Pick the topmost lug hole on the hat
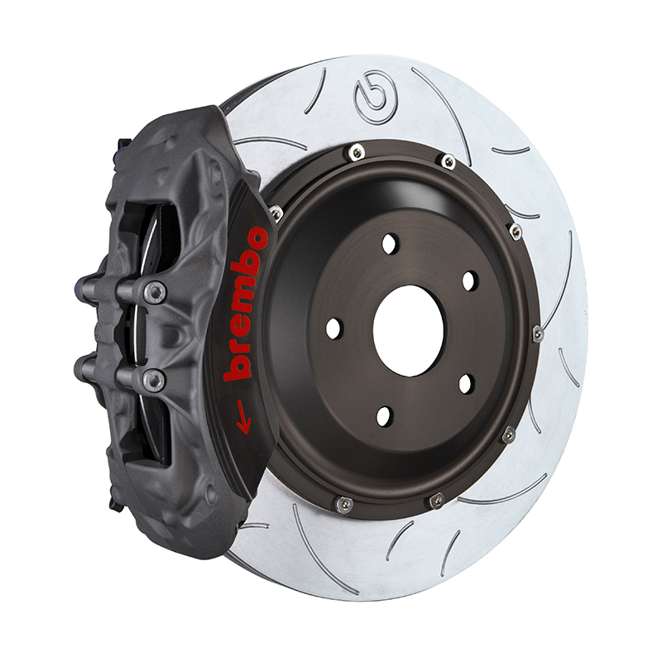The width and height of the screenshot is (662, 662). tap(390, 243)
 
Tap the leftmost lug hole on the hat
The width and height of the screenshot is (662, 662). tap(333, 328)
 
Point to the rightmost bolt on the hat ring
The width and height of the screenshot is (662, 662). tap(537, 333)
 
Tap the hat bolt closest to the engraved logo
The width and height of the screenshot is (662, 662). tap(357, 151)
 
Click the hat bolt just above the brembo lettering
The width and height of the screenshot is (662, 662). tap(275, 213)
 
